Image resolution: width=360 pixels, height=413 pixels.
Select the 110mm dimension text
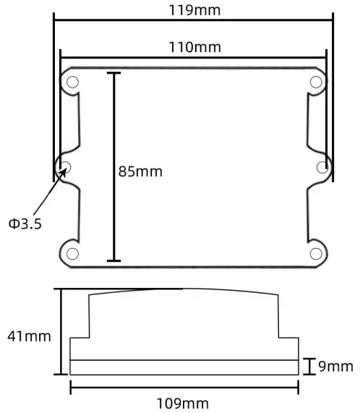[x=194, y=48]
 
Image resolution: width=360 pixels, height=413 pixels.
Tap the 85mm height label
[x=141, y=172]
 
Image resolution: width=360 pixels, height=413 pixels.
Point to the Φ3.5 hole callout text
[x=25, y=223]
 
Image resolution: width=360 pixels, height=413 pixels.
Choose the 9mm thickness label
[x=336, y=367]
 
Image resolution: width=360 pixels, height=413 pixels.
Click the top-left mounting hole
[x=72, y=82]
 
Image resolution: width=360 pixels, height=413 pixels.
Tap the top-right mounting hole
[x=316, y=82]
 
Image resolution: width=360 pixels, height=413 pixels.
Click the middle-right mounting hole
[x=323, y=167]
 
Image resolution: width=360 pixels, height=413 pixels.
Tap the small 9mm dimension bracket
[x=309, y=367]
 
